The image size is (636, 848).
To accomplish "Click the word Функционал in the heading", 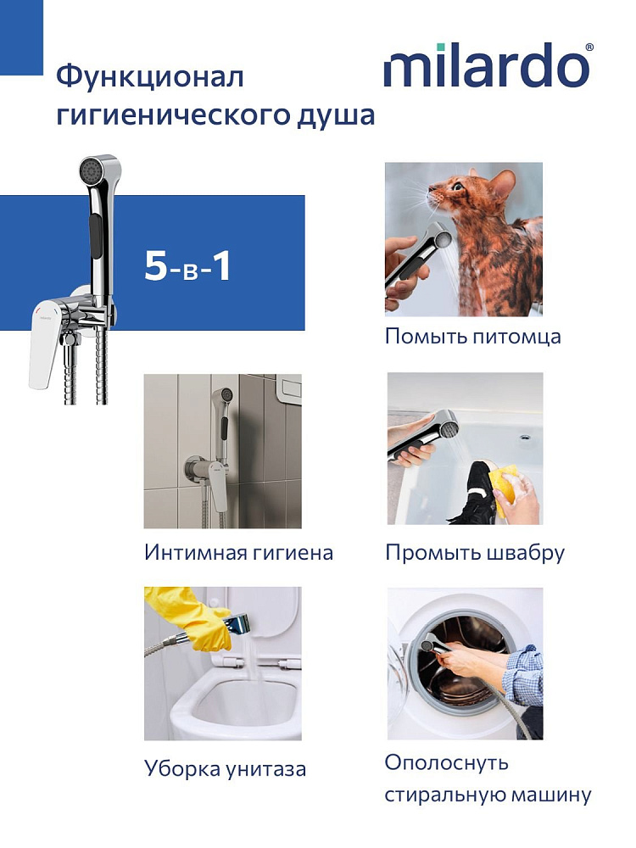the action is coord(150,77).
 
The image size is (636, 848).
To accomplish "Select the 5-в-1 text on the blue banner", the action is coord(187,265).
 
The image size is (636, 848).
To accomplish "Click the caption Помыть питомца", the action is coord(472,337).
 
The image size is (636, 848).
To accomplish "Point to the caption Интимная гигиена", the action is coord(238,553).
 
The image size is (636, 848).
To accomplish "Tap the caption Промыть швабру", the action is coord(475,553).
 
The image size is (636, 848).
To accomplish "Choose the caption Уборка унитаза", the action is coord(225,768).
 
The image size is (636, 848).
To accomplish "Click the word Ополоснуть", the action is coord(447,763).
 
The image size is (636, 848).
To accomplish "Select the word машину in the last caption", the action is coord(551,795).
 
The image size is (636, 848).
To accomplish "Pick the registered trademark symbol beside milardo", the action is coord(589,47).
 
